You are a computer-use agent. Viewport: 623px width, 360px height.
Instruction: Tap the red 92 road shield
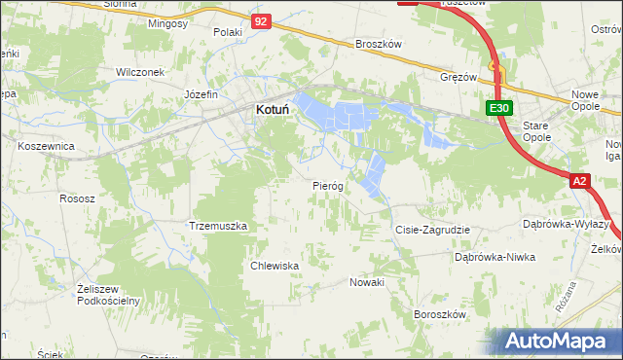click(x=259, y=20)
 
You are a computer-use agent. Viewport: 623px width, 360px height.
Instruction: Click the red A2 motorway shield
click(x=580, y=181)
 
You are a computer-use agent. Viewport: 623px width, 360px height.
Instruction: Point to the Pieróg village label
click(x=327, y=185)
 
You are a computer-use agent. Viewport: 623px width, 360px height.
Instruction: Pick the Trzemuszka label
click(x=218, y=226)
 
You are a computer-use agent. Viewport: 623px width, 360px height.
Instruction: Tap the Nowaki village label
click(x=368, y=282)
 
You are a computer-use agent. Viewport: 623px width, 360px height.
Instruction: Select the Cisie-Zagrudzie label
click(x=432, y=230)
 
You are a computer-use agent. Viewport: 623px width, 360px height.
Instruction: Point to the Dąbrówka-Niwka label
click(x=495, y=257)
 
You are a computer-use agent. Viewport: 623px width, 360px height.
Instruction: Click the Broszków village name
click(x=379, y=45)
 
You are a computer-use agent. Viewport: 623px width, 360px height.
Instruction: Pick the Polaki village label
click(x=227, y=32)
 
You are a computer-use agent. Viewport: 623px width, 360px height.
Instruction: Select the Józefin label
click(x=201, y=94)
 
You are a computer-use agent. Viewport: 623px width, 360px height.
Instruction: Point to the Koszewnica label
click(x=47, y=145)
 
